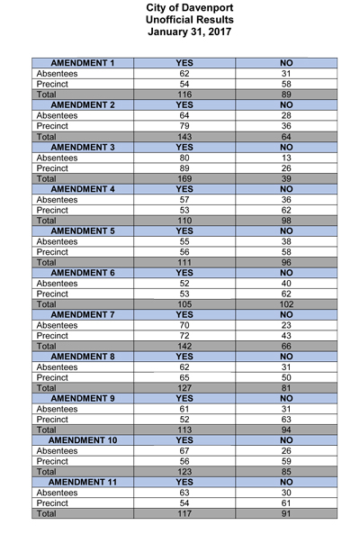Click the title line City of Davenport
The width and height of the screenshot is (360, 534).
(180, 8)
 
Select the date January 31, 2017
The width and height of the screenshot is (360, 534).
(180, 33)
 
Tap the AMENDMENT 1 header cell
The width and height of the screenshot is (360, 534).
(82, 63)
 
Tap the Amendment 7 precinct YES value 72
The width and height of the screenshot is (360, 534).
(184, 335)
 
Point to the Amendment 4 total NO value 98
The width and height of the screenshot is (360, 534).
(286, 220)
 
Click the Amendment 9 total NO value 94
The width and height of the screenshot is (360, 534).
(286, 428)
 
